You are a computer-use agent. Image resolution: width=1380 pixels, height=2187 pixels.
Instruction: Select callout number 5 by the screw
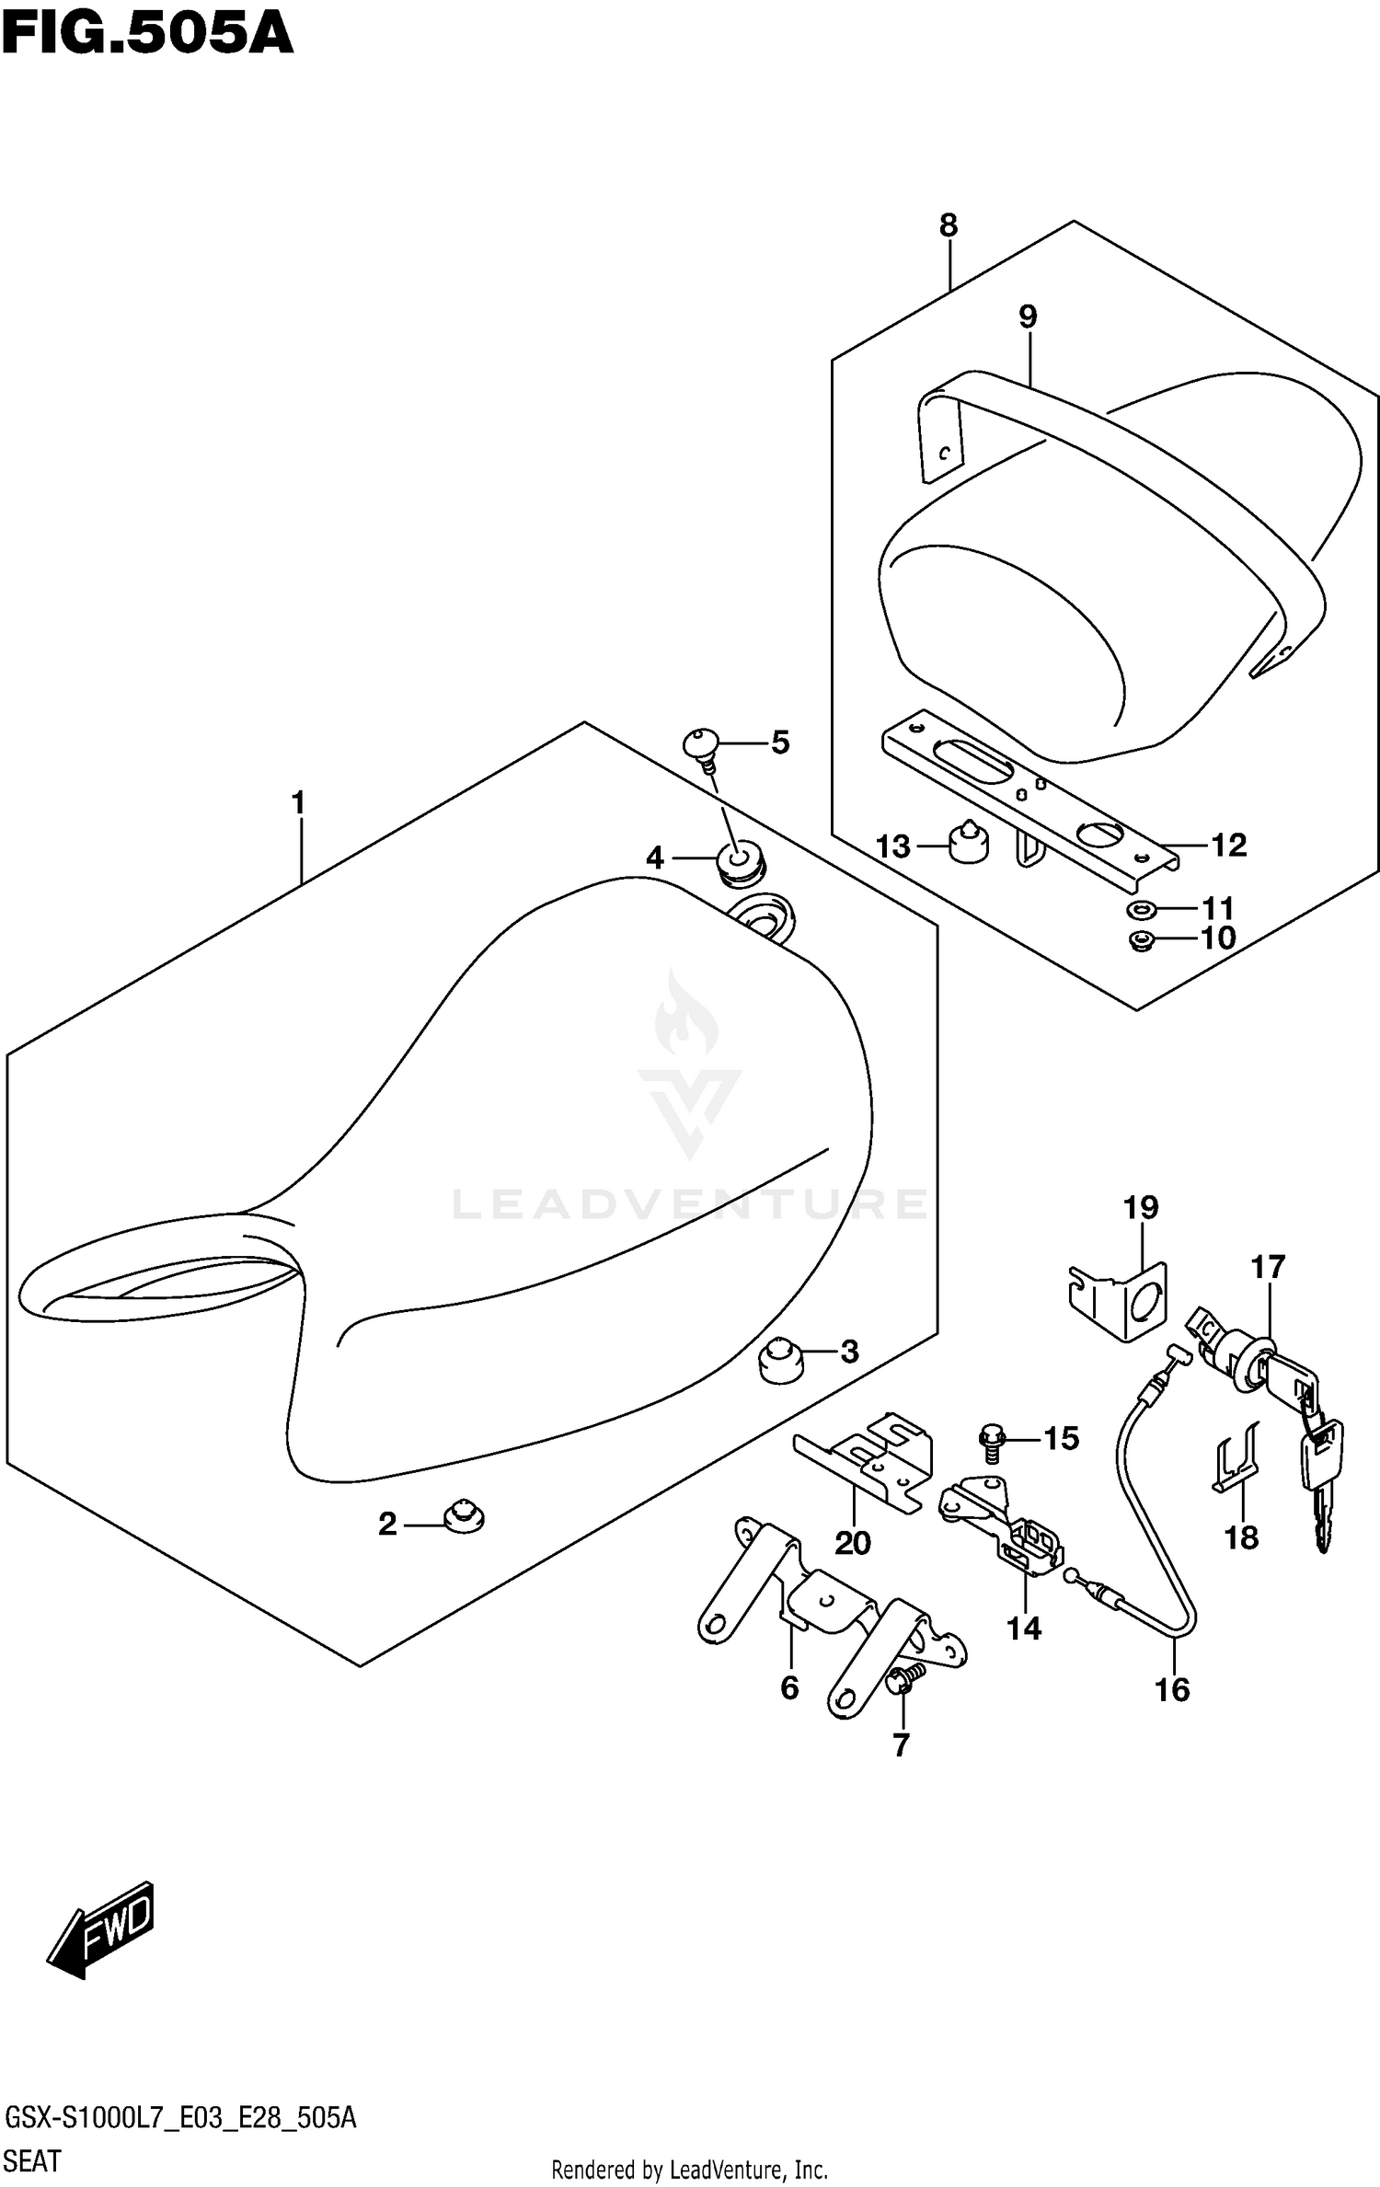[780, 742]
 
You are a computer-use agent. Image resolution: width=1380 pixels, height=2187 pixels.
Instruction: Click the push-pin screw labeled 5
[703, 744]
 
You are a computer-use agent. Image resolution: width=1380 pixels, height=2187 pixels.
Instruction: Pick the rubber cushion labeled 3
[780, 1359]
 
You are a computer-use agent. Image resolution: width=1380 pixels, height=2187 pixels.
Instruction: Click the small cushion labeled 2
[463, 1517]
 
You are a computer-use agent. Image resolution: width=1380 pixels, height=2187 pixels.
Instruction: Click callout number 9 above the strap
[1028, 317]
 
